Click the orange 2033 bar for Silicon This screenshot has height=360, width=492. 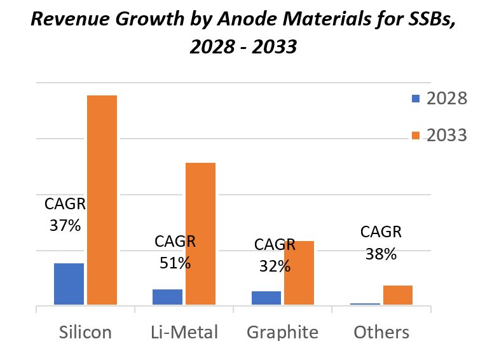102,200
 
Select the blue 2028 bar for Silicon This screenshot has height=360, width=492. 69,284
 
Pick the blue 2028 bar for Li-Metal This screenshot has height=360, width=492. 167,297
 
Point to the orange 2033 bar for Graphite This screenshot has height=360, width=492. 299,273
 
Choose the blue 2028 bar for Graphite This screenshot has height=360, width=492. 266,298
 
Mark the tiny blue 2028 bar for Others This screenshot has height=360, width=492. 365,304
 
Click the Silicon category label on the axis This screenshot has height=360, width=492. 85,332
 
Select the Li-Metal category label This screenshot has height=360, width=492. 184,332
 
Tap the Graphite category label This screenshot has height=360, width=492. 282,332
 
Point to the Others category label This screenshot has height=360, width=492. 381,332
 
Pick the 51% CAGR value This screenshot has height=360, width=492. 175,262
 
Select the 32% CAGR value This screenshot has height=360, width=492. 275,266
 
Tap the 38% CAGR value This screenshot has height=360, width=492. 381,253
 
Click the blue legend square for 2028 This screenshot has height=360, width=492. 416,99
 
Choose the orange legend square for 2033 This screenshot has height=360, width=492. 416,135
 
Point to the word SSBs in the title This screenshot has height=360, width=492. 423,20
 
